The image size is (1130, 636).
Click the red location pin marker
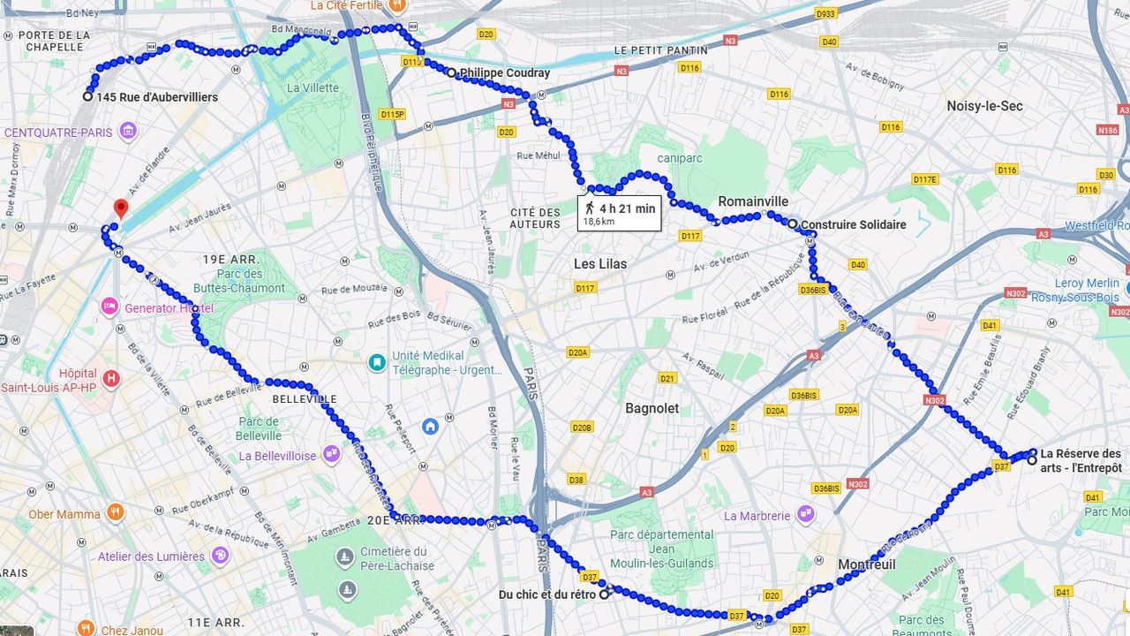[121, 208]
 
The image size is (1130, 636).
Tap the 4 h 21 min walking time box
[619, 213]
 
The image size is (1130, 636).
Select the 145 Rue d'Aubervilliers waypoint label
[157, 97]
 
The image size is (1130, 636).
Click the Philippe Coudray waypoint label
[504, 73]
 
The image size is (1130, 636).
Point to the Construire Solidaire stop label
[853, 224]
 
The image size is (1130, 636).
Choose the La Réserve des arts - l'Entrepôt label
[1081, 460]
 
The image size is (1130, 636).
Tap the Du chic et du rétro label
[546, 594]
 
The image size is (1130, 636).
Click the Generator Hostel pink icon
[109, 307]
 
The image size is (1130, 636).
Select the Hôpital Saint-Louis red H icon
[110, 379]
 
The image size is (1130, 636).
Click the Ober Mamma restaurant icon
[115, 513]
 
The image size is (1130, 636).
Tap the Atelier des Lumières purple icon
[220, 556]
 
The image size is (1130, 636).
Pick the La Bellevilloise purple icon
[331, 455]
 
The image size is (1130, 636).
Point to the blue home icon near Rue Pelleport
[430, 426]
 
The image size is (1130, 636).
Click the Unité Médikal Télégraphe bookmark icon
[377, 362]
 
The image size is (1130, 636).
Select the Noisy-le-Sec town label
[984, 106]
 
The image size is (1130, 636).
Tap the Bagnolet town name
[652, 408]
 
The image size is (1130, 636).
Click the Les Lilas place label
[599, 263]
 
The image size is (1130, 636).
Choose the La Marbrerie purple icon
[805, 514]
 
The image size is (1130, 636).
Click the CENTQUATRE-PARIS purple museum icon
[128, 132]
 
